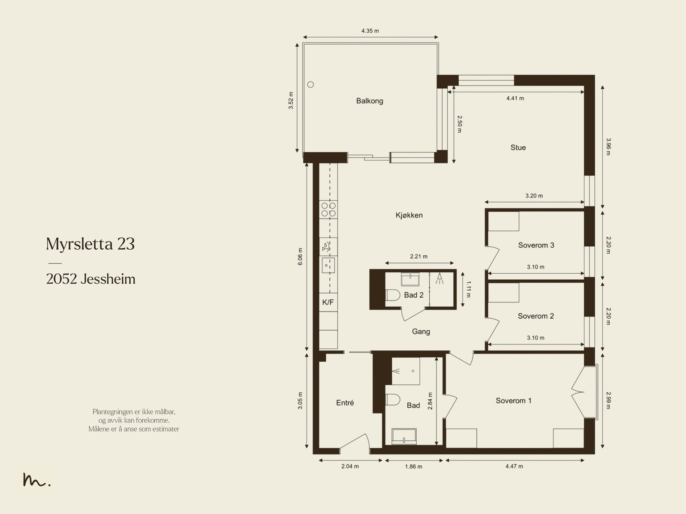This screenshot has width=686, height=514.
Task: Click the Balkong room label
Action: pos(370,101)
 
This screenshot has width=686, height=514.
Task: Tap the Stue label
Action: pos(518,147)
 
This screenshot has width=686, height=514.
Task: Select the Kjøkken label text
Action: pos(409,215)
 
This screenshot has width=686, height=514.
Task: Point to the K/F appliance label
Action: pos(328,302)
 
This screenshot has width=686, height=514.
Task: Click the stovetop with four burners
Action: pos(328,209)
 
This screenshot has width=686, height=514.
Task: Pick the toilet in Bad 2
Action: pos(393,295)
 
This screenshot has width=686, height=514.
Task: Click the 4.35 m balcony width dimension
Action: pos(370,31)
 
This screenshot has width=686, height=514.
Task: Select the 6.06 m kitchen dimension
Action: pos(300,257)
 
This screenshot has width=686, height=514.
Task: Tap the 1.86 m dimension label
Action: pos(413,466)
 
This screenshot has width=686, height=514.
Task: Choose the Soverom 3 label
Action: pos(536,245)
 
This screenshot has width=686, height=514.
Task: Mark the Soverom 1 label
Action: pos(514,400)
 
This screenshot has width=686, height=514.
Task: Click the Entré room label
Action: pos(345,403)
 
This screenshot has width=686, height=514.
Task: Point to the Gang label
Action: pos(421,331)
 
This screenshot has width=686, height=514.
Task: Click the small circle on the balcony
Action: pos(310,85)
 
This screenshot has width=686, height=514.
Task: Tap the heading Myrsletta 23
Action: pos(90,244)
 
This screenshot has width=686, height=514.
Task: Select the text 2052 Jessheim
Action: pos(90,279)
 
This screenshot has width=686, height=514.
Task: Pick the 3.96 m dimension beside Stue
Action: pos(608,147)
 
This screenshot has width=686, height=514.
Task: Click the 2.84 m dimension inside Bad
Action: pos(430,401)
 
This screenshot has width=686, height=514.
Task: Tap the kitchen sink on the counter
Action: pos(328,266)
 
